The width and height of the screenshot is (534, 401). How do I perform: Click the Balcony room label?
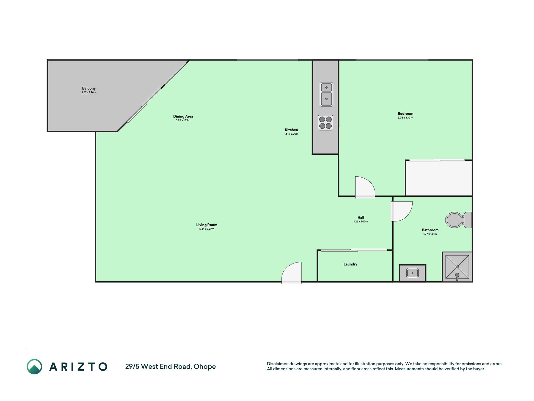(x=89, y=88)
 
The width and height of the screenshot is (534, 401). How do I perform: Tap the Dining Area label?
(x=183, y=117)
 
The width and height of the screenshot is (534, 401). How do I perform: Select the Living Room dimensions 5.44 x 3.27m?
(x=207, y=229)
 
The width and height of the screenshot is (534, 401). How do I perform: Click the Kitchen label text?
(x=291, y=130)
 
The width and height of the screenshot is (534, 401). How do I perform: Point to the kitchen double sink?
(x=326, y=94)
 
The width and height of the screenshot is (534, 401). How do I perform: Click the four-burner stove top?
(x=325, y=122)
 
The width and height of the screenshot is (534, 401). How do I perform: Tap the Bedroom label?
(x=405, y=113)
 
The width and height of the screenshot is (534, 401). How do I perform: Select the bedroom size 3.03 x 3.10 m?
(x=405, y=118)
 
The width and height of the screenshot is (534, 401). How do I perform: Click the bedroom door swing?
(x=365, y=187)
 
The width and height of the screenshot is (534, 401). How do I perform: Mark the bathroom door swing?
(x=402, y=211)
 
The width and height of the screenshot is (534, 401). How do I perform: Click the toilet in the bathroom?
(x=459, y=220)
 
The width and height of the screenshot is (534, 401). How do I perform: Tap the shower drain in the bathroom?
(x=457, y=267)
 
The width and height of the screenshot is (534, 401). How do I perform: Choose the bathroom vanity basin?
(x=412, y=273)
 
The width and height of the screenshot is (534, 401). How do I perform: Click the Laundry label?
(x=350, y=264)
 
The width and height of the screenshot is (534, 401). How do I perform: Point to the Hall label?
(x=361, y=217)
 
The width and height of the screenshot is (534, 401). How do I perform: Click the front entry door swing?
(x=292, y=273)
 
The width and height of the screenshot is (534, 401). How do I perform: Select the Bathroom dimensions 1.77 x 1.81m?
(x=430, y=234)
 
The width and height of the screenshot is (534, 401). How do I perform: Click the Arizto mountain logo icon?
(x=34, y=367)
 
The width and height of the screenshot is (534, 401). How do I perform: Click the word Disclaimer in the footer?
(x=277, y=364)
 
